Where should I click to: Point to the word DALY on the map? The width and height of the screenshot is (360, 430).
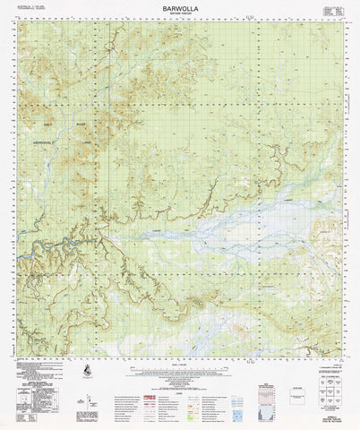click(48, 123)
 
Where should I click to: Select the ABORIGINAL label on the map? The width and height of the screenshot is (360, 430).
click(45, 142)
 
